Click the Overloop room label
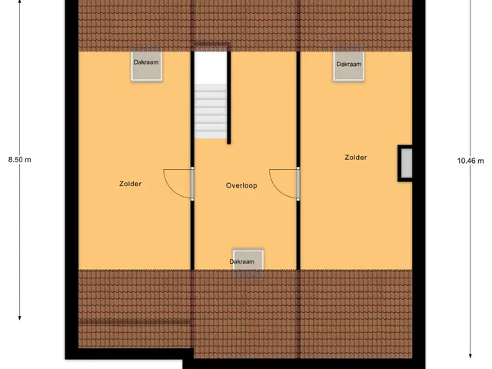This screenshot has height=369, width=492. [x=241, y=185]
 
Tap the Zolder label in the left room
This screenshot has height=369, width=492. [x=130, y=184]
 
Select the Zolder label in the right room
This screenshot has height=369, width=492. [x=356, y=158]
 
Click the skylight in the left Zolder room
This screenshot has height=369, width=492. [x=147, y=65]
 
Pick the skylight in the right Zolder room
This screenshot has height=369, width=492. [x=349, y=65]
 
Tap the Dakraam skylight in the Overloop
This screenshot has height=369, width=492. [x=248, y=263]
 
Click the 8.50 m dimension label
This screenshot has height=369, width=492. [x=20, y=160]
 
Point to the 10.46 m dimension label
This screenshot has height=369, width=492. [x=470, y=161]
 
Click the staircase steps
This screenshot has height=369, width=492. [x=211, y=111]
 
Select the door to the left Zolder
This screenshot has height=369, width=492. [x=192, y=184]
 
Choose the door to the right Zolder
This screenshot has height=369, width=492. [x=298, y=184]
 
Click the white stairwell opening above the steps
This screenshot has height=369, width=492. [x=211, y=68]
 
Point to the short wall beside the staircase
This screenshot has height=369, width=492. [x=229, y=98]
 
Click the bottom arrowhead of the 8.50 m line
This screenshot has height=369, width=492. [x=19, y=317]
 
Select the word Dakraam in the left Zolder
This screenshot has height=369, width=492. [x=146, y=62]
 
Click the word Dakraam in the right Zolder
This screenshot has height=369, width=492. [x=349, y=65]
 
